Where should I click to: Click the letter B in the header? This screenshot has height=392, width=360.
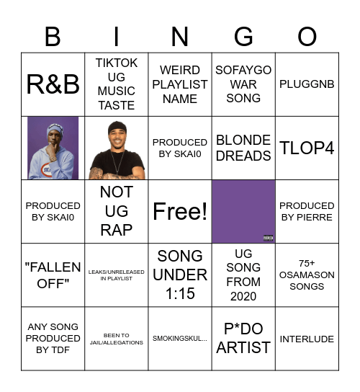[53, 36]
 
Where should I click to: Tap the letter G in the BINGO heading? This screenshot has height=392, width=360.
[243, 36]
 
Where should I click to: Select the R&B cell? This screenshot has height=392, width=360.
[53, 84]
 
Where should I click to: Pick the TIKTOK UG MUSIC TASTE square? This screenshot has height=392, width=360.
[117, 84]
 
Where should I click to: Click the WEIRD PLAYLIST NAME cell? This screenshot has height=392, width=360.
[180, 84]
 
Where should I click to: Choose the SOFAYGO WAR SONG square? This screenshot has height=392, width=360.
[243, 84]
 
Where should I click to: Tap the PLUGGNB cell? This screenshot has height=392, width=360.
[307, 84]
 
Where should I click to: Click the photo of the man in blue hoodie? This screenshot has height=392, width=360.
[53, 148]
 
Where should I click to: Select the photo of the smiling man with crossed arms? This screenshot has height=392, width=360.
[117, 148]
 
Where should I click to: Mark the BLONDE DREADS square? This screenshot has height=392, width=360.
[243, 148]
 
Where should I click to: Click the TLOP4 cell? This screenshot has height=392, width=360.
[307, 148]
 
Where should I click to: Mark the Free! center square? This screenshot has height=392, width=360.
[180, 211]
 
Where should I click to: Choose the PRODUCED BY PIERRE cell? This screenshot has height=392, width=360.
[307, 211]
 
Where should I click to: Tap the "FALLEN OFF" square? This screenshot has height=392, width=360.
[53, 275]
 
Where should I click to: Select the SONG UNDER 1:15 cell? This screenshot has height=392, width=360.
[180, 275]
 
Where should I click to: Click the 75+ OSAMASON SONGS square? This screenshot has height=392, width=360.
[307, 275]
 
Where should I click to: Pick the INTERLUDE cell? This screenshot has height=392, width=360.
[307, 339]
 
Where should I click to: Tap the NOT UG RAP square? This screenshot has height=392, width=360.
[117, 211]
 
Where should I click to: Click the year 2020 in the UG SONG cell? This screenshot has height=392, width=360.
[243, 296]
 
